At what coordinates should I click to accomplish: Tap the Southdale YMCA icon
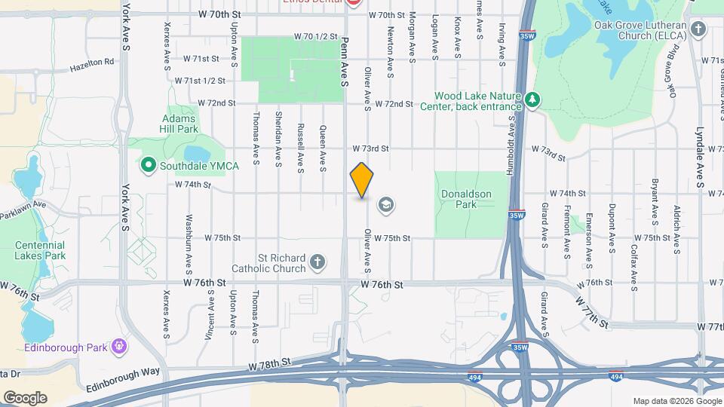click(149, 164)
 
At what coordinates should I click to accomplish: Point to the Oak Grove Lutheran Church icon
click(698, 29)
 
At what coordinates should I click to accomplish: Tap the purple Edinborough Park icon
click(118, 346)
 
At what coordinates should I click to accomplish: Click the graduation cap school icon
click(385, 204)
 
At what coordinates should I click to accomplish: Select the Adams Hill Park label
click(179, 124)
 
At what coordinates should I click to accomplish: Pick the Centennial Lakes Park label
click(39, 250)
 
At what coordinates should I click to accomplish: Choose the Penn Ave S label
click(344, 61)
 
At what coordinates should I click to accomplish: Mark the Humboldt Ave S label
click(511, 145)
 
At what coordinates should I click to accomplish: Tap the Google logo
click(26, 397)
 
